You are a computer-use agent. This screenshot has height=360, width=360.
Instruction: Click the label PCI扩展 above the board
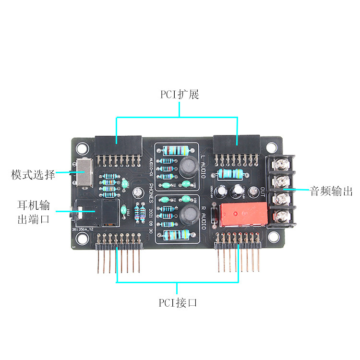180,94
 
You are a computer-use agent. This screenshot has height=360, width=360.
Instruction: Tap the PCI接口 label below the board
178,303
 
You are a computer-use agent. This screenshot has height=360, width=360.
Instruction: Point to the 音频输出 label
331,191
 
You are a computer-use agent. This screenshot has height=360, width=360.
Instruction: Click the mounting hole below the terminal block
274,237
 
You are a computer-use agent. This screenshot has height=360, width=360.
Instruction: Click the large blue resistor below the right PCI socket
233,173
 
